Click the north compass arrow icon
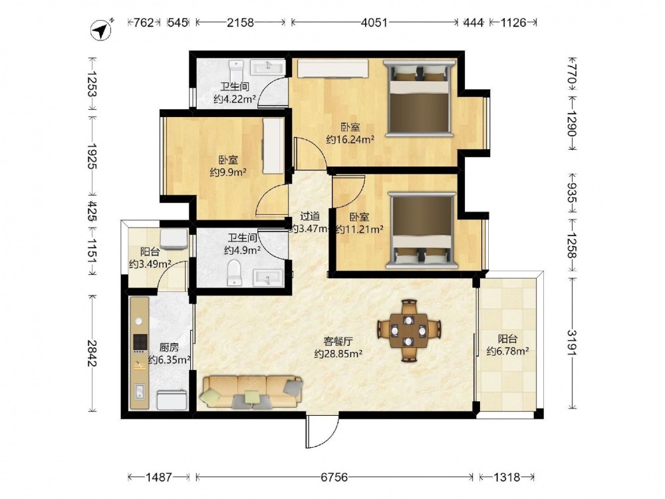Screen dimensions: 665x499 [x=101, y=30]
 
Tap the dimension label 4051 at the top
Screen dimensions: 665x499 [x=374, y=22]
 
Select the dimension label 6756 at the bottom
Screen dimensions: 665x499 [x=334, y=477]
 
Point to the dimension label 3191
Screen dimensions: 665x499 [x=573, y=343]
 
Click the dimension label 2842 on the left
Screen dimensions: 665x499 [x=92, y=353]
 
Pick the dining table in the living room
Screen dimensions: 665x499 [x=409, y=330]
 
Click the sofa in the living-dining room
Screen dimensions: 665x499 [x=251, y=392]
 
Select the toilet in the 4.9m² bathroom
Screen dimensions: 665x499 [x=233, y=272]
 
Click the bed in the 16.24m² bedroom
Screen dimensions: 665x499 [x=419, y=98]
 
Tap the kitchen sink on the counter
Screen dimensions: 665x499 [x=140, y=392]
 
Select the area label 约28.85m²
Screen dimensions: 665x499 [x=338, y=353]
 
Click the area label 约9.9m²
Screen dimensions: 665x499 [x=228, y=172]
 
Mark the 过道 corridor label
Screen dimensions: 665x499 [x=310, y=216]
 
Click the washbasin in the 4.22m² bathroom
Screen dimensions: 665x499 [x=267, y=67]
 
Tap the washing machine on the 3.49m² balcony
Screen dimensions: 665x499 [x=174, y=238]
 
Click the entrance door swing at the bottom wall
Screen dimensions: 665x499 [x=321, y=432]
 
